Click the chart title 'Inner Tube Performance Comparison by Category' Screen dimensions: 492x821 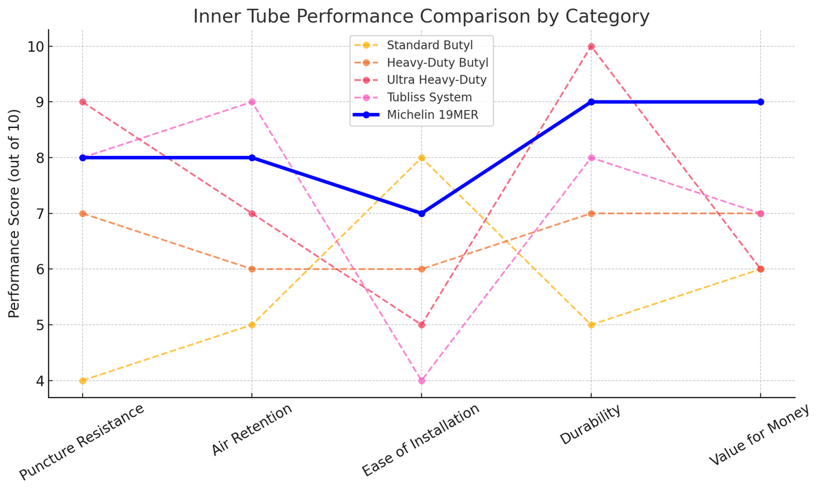pos(421,16)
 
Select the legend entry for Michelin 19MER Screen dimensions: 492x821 pos(430,115)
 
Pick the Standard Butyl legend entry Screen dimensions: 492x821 pos(430,45)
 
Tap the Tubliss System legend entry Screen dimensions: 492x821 pos(429,97)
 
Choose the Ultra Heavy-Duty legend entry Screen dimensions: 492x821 pos(436,80)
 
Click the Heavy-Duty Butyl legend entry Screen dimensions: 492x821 pos(437,63)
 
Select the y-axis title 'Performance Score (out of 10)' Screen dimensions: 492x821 pos(14,213)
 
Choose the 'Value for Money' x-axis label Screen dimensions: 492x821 pos(759,435)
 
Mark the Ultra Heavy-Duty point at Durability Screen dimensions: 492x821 pos(591,47)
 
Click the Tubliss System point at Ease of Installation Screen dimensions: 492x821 pos(421,380)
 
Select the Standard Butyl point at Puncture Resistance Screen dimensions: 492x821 pos(83,380)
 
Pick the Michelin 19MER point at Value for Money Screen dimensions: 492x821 pos(760,102)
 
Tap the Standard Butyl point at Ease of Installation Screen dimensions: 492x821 pos(421,158)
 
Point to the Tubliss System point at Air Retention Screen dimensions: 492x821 pos(252,102)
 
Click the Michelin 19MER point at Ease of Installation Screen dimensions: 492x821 pos(421,213)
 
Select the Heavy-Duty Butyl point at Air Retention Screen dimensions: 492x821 pos(252,269)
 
